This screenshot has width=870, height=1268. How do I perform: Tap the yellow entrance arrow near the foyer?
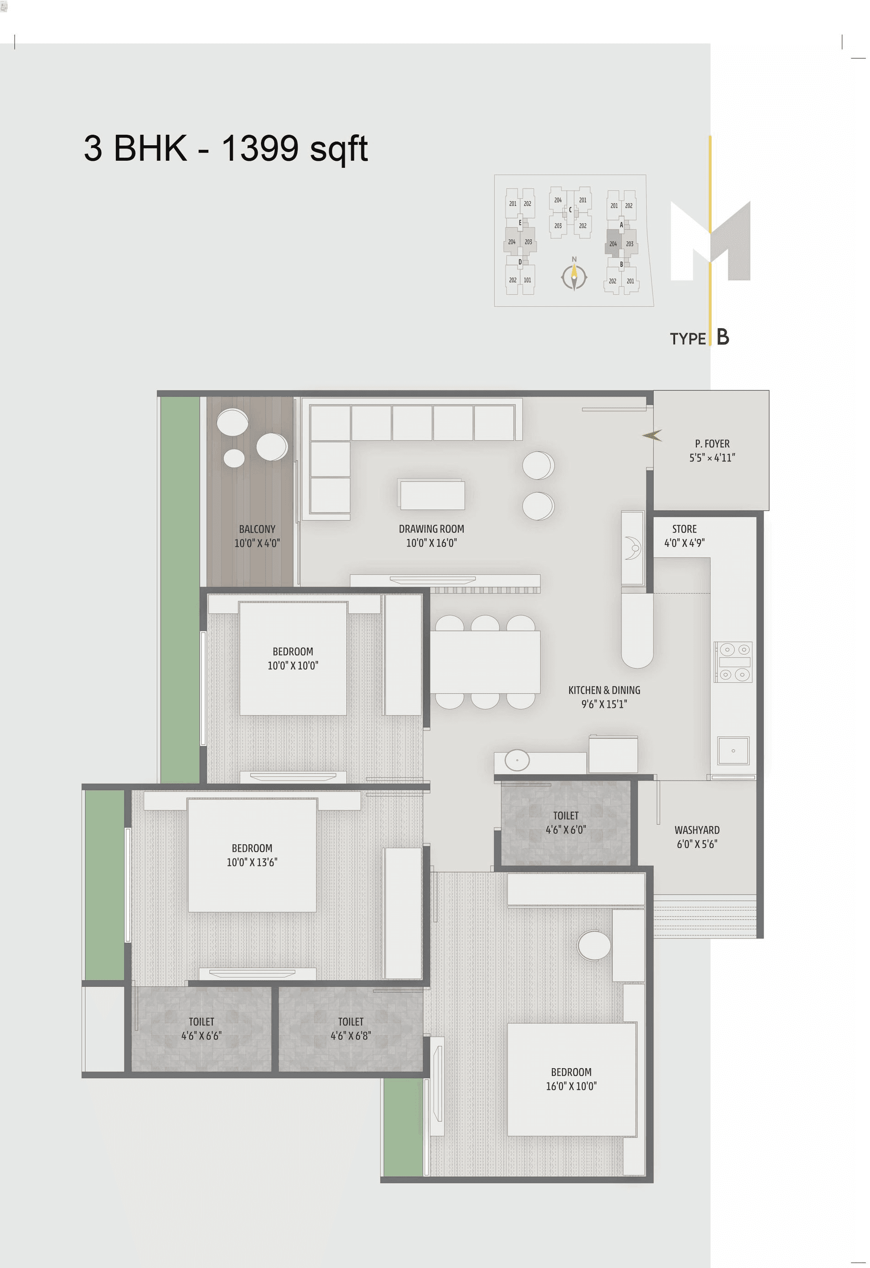652,435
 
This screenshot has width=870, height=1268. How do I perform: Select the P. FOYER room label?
712,444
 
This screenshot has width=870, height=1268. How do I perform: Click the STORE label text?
684,529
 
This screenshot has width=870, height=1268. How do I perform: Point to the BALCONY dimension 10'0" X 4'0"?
257,543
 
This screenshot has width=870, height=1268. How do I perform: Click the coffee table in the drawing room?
432,494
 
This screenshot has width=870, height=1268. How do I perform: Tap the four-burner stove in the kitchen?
733,661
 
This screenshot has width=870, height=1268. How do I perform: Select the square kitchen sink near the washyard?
733,751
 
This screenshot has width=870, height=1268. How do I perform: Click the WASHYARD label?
696,830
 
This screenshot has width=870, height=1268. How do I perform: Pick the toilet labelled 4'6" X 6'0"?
565,823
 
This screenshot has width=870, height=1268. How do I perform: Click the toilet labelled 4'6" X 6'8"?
350,1028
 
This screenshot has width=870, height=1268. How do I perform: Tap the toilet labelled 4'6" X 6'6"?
201,1028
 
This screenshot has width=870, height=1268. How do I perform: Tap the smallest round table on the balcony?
234,458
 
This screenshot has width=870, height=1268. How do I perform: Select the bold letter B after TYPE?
723,337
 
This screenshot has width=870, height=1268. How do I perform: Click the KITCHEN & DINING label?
604,690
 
